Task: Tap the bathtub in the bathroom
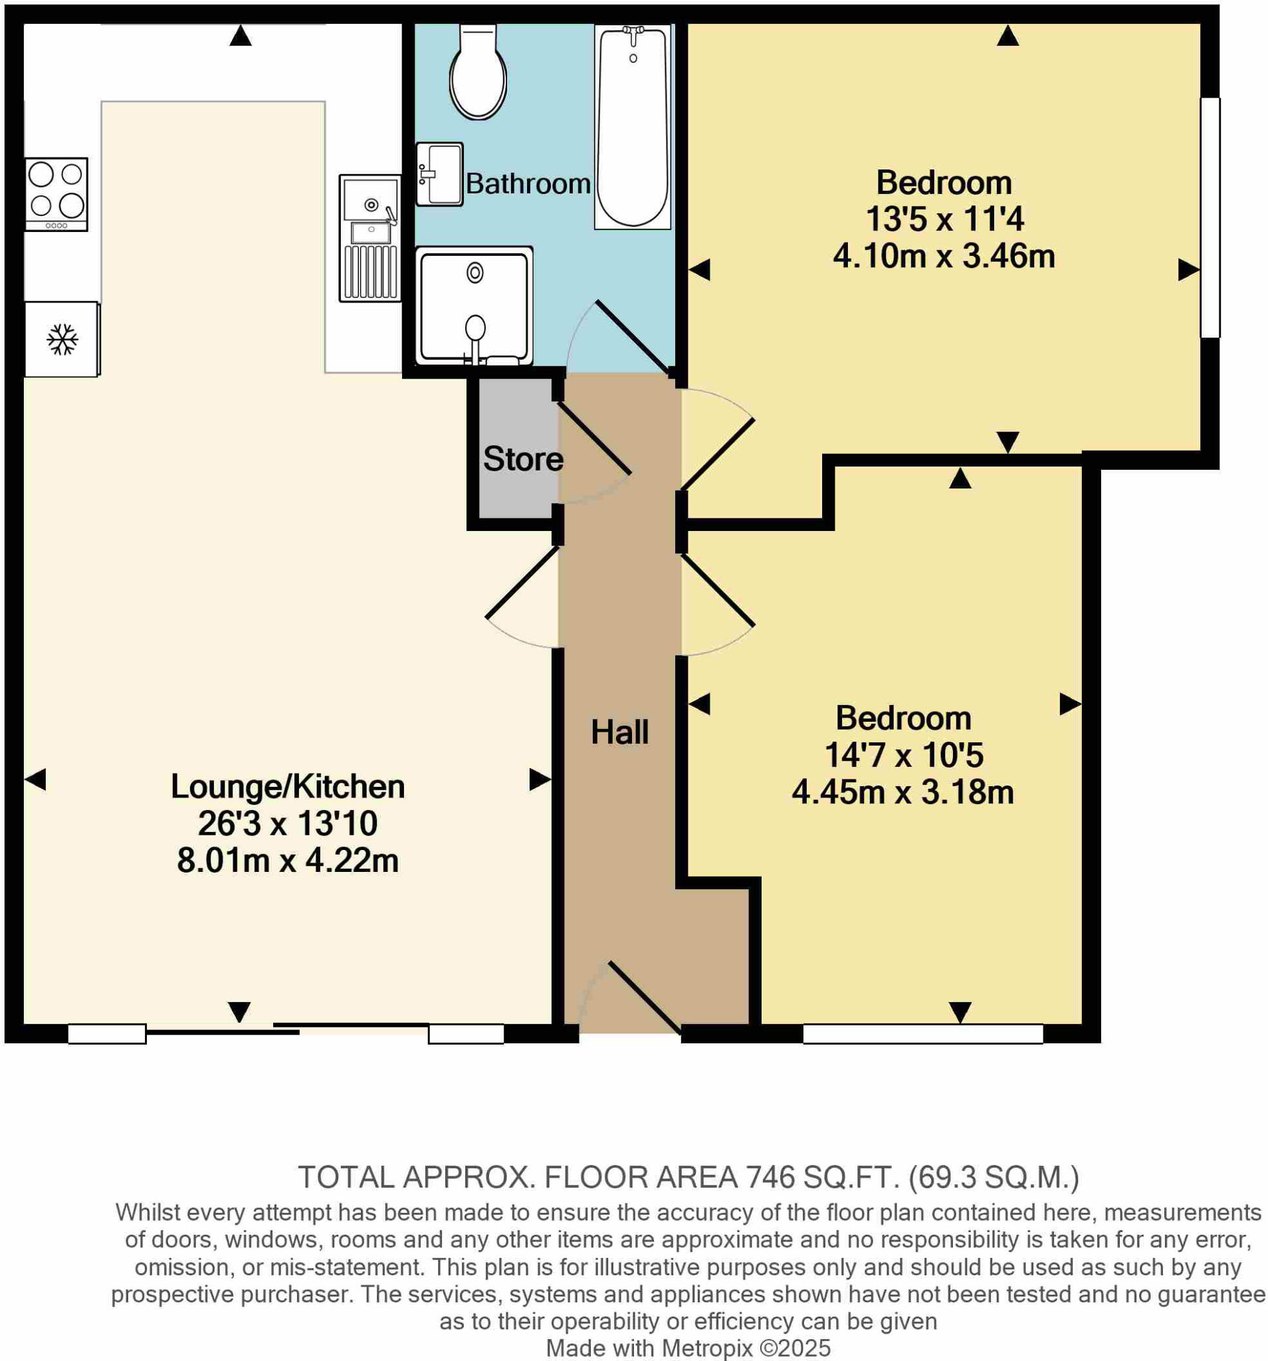click(x=632, y=127)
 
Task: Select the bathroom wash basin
click(x=439, y=174)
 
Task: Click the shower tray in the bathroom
click(x=474, y=304)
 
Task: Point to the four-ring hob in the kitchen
click(x=56, y=194)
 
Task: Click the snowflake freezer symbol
click(x=62, y=339)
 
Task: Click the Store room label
click(x=522, y=459)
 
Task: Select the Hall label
click(x=619, y=732)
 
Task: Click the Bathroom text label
click(x=527, y=183)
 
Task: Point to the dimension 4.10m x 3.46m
click(x=943, y=256)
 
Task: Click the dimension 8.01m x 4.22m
click(x=288, y=861)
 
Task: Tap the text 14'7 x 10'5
click(x=903, y=755)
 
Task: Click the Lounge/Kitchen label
click(x=288, y=786)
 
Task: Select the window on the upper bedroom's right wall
click(x=1210, y=217)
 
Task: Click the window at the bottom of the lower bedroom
click(x=922, y=1033)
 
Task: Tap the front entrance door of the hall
click(x=642, y=996)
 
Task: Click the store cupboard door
click(x=593, y=438)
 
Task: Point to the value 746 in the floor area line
click(x=770, y=1178)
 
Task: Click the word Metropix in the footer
click(x=707, y=1348)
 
